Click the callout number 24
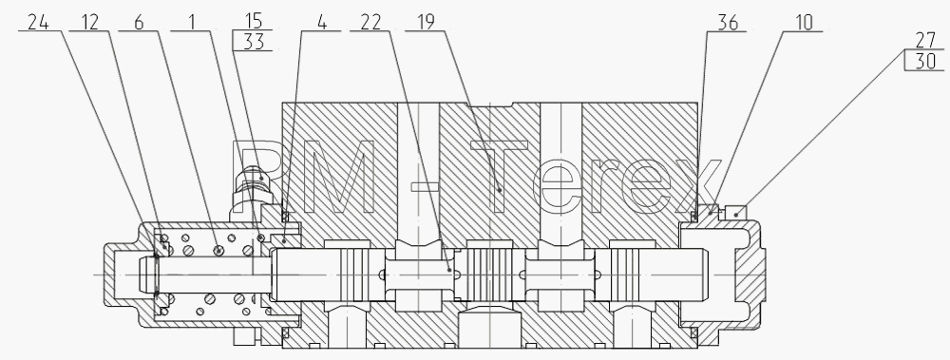point(38,23)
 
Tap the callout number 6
point(139,23)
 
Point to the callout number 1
point(192,23)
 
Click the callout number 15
point(254,20)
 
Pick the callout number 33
point(254,42)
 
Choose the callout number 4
point(321,23)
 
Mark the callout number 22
point(370,23)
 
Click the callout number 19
point(426,23)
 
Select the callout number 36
point(729,23)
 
